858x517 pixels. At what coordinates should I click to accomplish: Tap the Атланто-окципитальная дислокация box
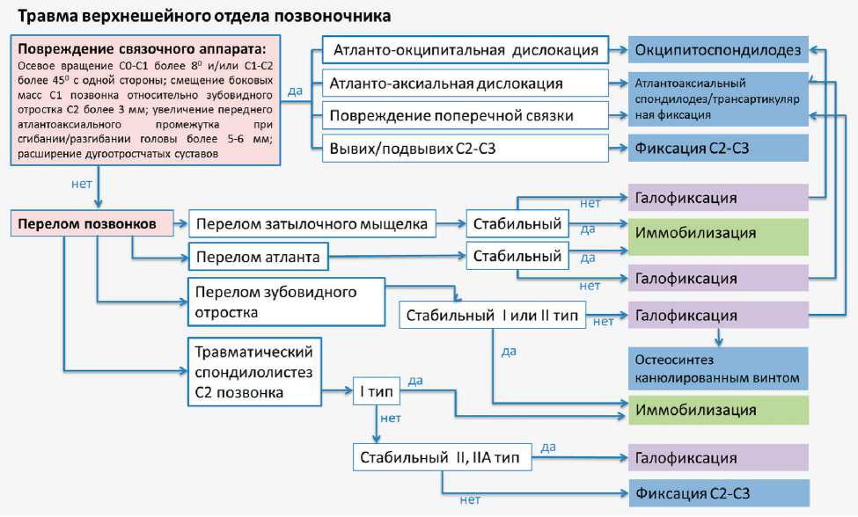tap(466, 50)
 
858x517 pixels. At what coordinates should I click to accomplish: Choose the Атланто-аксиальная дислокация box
tap(466, 84)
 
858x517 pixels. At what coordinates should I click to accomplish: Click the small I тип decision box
tap(377, 389)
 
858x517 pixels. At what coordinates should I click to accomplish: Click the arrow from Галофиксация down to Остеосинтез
tap(720, 337)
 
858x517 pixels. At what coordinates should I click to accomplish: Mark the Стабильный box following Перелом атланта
tap(517, 258)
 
